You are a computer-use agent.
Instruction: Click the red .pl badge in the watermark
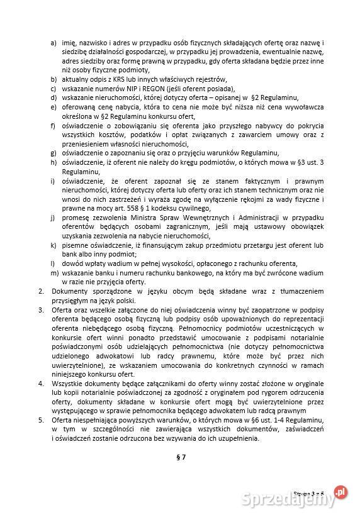(x=340, y=490)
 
